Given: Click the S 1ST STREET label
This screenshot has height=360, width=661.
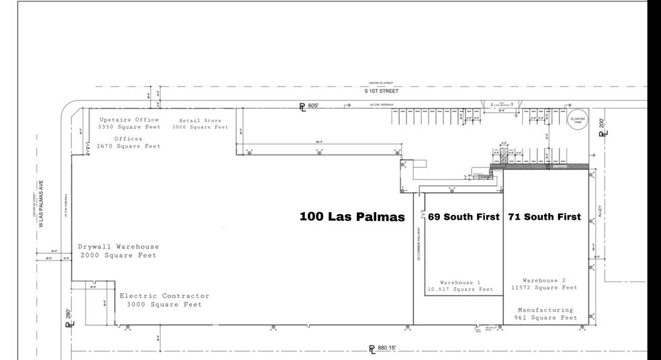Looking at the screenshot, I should pos(380,90).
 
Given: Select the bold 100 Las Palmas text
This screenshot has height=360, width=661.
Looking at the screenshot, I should pos(352,218).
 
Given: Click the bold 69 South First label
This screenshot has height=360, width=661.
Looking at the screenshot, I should pos(464,217).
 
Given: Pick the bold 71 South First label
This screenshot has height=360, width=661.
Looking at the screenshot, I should pos(544,217).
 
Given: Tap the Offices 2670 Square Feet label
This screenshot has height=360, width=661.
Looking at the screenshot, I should pos(128,142).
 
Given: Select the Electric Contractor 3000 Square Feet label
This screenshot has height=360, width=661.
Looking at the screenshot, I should pos(164,300).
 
